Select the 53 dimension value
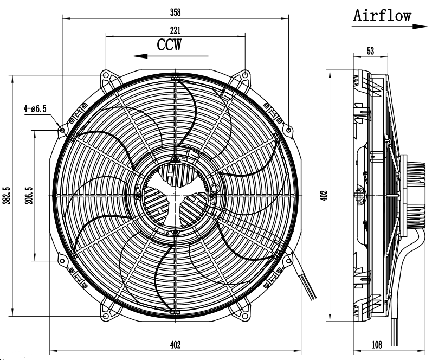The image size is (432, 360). [x=371, y=51]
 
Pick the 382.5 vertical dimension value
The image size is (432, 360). [x=6, y=194]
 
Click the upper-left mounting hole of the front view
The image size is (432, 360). [x=63, y=130]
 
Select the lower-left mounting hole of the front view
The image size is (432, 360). [x=63, y=261]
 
